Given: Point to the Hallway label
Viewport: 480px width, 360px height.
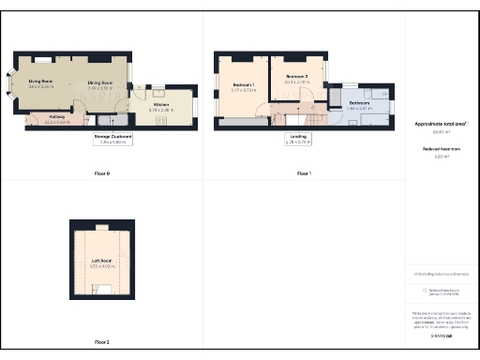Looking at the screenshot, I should (x=56, y=119).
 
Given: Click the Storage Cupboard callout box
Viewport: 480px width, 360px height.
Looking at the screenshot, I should (x=113, y=139).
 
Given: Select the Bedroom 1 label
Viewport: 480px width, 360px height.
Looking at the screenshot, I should (x=243, y=87).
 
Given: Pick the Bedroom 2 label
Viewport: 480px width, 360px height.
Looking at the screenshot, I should (x=296, y=77).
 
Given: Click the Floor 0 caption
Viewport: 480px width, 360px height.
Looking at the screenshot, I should (x=102, y=174).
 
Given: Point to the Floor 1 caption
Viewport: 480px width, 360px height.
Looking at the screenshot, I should (x=303, y=174).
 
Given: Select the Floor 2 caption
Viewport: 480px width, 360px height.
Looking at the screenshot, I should (x=102, y=342).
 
